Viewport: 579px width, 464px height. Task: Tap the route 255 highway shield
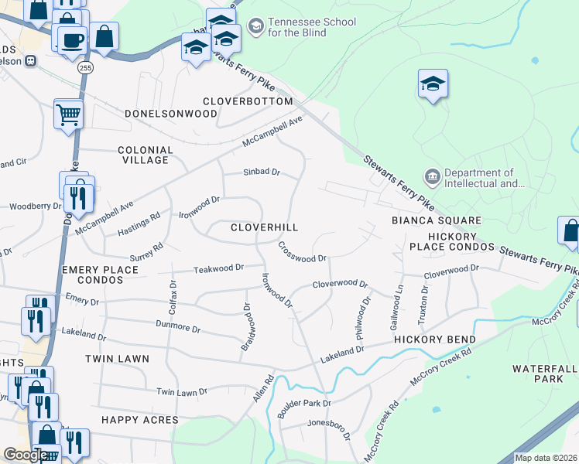[84, 68]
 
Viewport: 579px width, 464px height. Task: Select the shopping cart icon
[68, 114]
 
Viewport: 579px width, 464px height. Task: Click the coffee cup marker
[73, 39]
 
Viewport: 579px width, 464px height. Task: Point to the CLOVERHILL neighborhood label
[264, 227]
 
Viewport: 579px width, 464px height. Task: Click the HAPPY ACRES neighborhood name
[139, 420]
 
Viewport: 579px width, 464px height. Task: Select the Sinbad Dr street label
[261, 172]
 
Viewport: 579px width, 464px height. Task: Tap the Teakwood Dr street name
[218, 268]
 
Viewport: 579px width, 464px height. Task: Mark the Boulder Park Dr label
[305, 403]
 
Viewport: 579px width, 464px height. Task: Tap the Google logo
[25, 455]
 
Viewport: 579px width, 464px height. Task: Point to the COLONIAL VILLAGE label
[146, 155]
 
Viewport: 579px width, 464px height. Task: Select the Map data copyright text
[546, 458]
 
